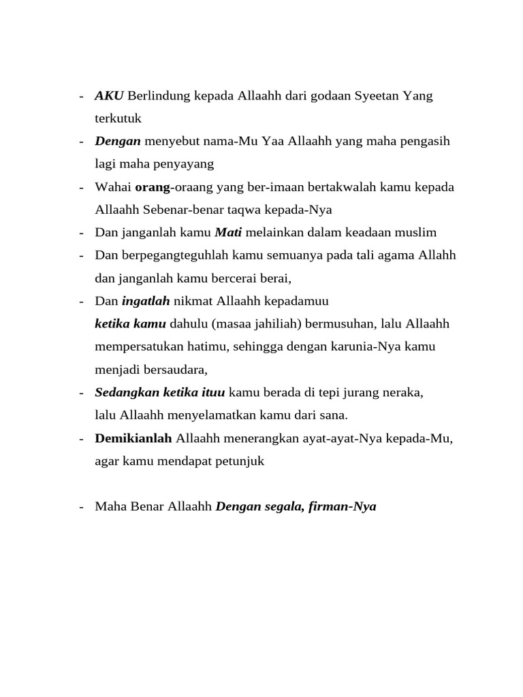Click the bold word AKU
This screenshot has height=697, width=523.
(109, 96)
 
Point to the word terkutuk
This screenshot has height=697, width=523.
(118, 118)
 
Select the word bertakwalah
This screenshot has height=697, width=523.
(347, 187)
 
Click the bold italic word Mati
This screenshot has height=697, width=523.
(228, 233)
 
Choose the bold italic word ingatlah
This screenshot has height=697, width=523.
(146, 301)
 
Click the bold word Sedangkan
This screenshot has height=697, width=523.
(125, 393)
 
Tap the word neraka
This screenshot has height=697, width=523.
(402, 393)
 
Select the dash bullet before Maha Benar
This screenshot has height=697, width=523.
(82, 506)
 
